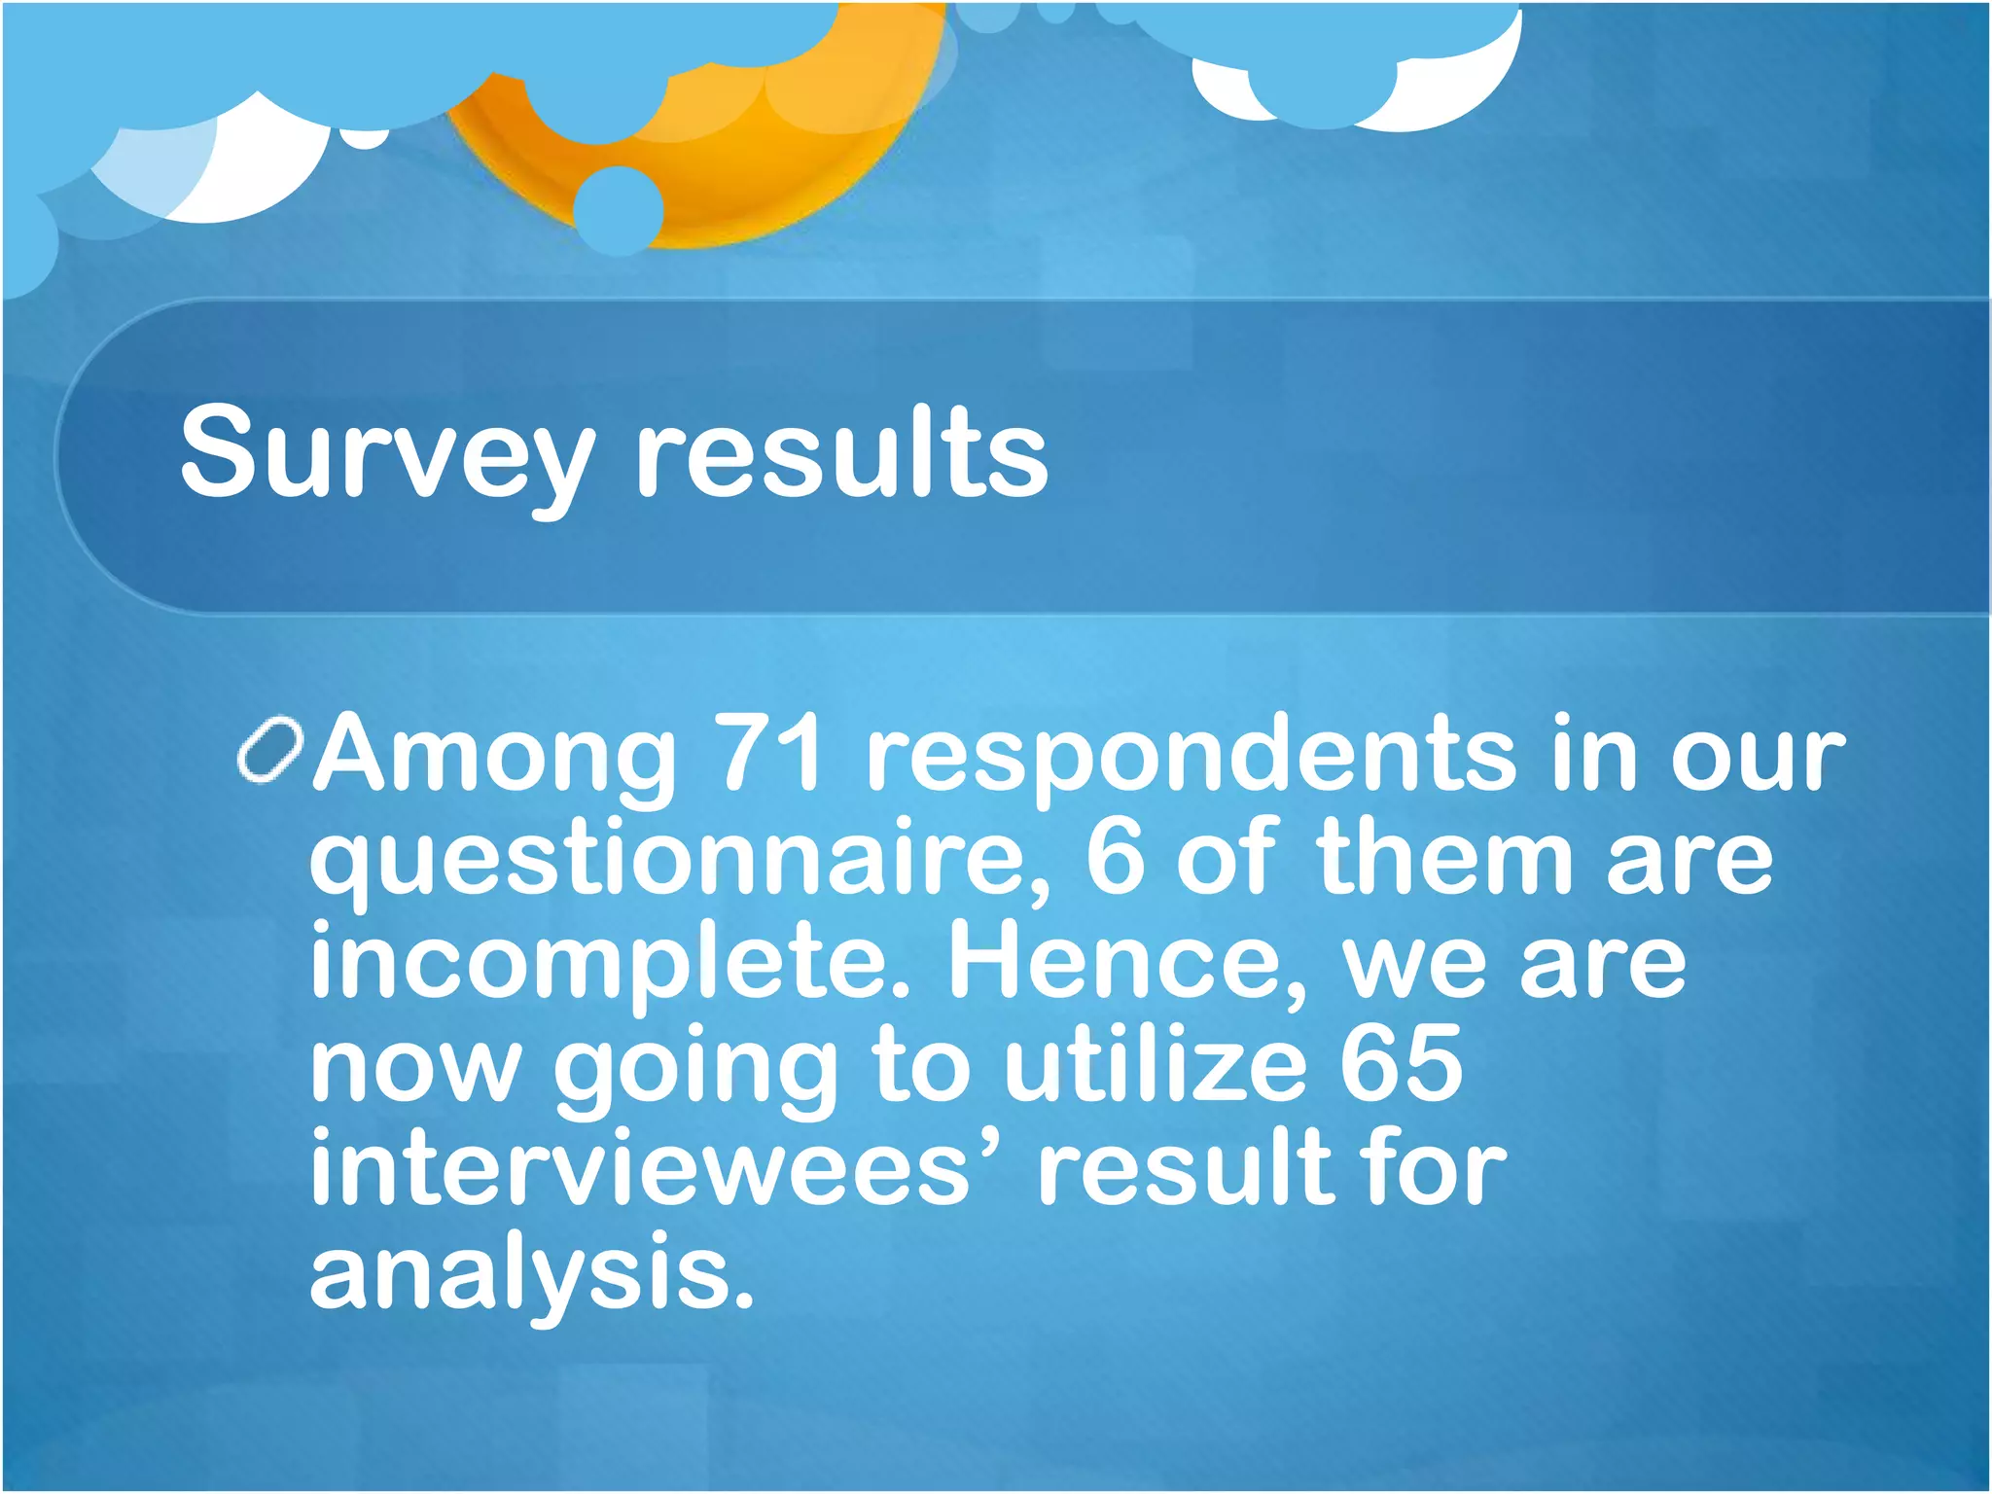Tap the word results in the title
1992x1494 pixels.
(842, 451)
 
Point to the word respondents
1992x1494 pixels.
(1190, 756)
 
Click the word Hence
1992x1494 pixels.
(1128, 962)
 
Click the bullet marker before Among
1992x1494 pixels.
(270, 750)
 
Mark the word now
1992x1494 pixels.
(416, 1068)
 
